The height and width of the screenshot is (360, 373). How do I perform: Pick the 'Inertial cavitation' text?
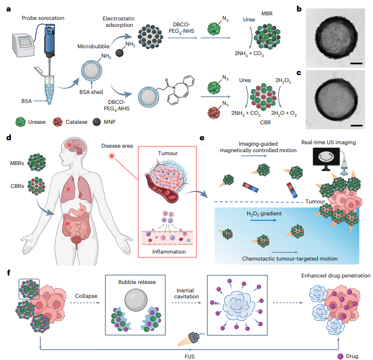coord(188,294)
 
